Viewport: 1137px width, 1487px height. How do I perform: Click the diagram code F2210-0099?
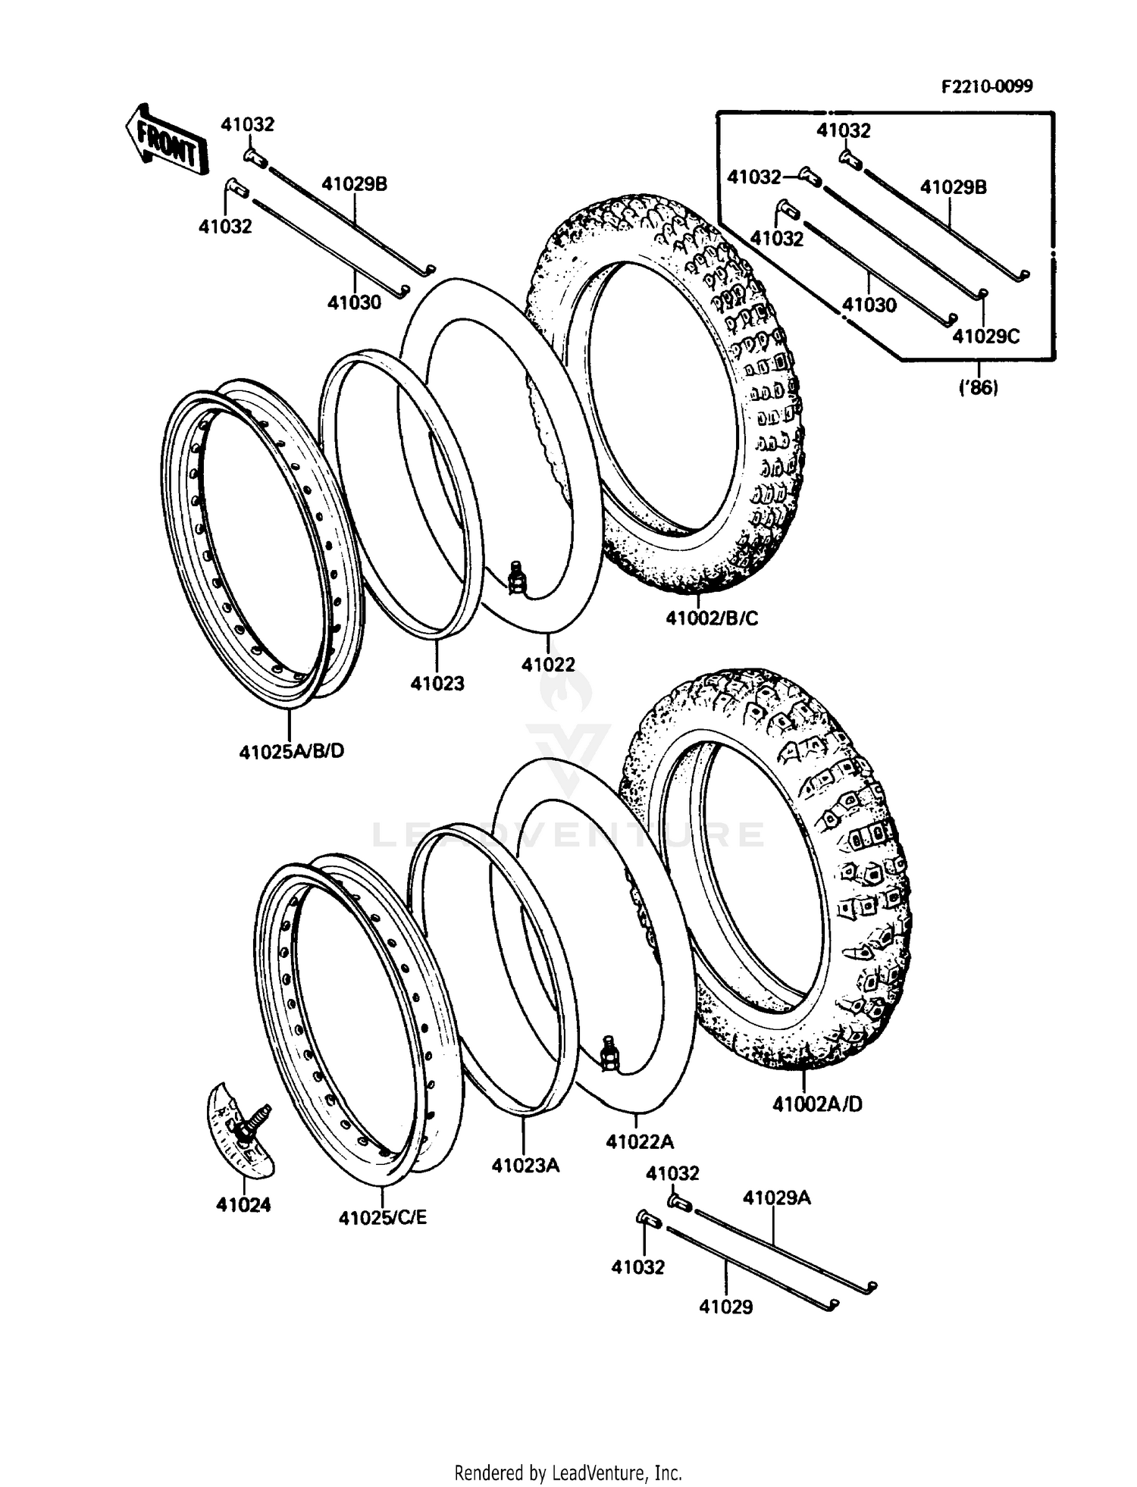(986, 86)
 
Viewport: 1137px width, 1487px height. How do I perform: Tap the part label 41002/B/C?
(712, 618)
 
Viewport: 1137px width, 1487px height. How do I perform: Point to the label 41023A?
(525, 1165)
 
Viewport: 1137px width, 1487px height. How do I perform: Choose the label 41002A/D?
(817, 1104)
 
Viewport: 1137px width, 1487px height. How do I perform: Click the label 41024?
(243, 1204)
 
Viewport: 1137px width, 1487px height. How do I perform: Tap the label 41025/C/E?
(382, 1217)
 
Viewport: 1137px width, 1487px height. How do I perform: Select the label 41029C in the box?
(985, 336)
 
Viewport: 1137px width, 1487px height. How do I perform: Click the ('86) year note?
(979, 388)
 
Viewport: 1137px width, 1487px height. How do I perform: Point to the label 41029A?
(776, 1197)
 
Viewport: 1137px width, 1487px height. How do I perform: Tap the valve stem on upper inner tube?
(517, 575)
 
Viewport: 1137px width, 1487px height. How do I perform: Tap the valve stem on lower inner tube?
(609, 1053)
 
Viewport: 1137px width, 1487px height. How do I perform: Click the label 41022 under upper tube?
(548, 664)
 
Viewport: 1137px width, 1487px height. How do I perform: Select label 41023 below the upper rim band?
(437, 683)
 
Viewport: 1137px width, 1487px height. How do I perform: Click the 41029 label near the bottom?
(725, 1307)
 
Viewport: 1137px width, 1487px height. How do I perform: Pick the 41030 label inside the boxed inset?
(869, 305)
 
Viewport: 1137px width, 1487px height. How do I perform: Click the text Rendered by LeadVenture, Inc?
(568, 1473)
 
